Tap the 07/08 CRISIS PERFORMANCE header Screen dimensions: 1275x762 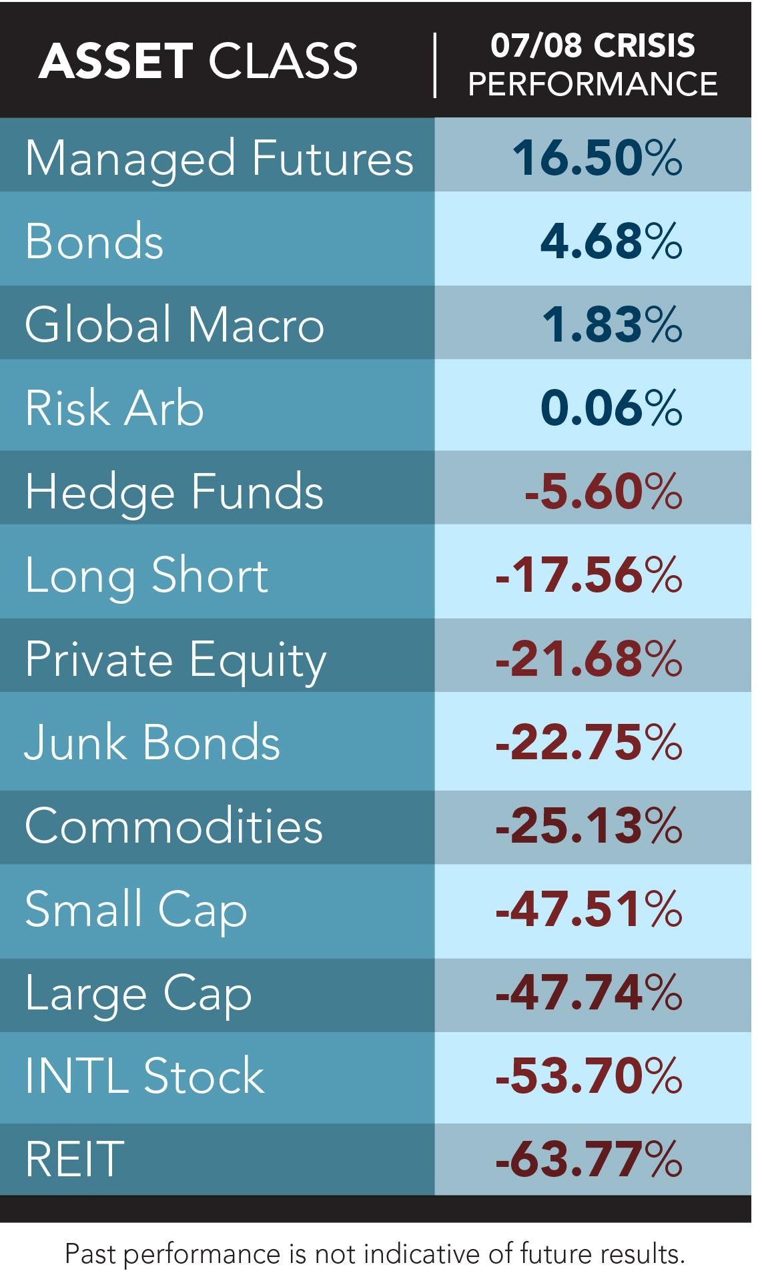593,65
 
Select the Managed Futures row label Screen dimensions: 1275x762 220,159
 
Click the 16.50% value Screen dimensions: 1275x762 597,159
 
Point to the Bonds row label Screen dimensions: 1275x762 94,242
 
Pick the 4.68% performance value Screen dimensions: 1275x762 611,242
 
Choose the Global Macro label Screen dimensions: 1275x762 174,325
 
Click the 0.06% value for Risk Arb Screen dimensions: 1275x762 611,408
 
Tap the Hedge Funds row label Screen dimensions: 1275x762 174,492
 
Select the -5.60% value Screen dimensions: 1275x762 603,492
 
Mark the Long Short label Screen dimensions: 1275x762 147,575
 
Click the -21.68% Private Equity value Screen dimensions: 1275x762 589,659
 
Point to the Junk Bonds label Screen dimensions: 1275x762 152,742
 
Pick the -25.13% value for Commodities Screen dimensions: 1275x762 589,826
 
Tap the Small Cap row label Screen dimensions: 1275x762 136,909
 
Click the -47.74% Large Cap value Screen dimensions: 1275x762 589,993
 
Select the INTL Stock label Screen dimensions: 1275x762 145,1076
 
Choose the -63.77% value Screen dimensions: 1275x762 589,1160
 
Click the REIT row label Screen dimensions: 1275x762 75,1160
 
